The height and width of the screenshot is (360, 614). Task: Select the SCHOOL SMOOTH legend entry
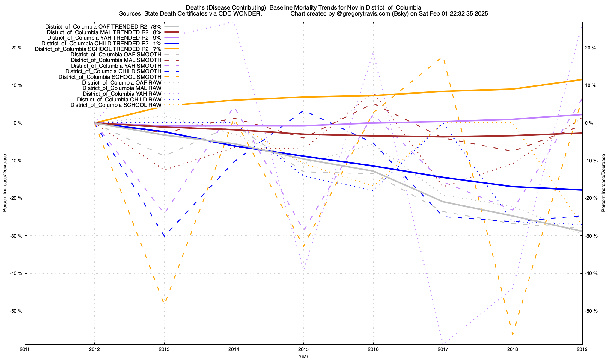click(x=110, y=77)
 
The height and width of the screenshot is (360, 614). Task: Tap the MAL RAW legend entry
click(x=122, y=88)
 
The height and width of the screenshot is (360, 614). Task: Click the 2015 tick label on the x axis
click(x=303, y=349)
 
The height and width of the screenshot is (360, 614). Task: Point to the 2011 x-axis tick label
click(x=25, y=349)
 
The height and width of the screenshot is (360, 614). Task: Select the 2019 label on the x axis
click(x=582, y=349)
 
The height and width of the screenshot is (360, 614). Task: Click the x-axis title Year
click(x=303, y=356)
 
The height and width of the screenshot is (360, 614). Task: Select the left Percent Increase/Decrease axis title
click(x=5, y=183)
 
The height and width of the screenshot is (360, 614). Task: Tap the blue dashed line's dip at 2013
click(x=164, y=236)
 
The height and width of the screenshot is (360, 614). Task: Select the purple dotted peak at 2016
click(x=373, y=53)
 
